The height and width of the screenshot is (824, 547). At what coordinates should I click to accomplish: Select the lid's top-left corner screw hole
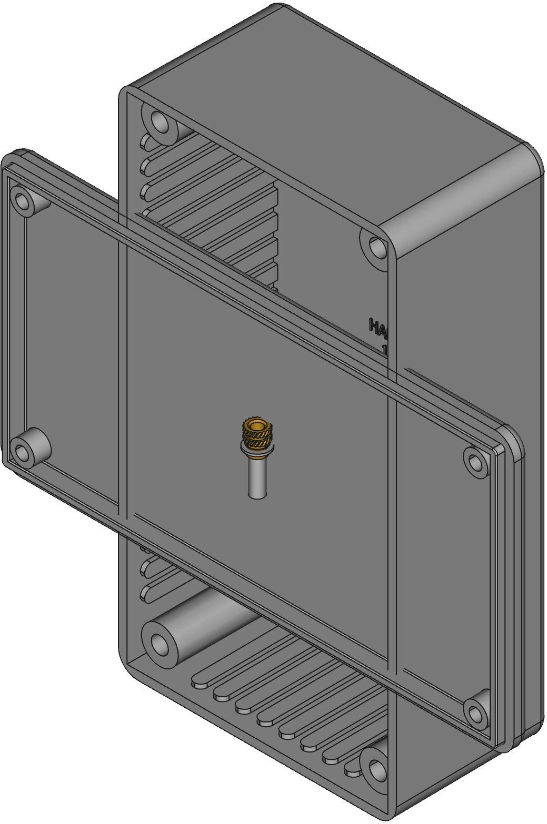pyautogui.click(x=22, y=200)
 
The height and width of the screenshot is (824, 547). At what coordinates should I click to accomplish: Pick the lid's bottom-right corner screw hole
pyautogui.click(x=475, y=714)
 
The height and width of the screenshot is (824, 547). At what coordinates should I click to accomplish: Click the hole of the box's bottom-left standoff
pyautogui.click(x=158, y=642)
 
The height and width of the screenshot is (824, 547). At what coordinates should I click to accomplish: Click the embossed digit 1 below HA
pyautogui.click(x=385, y=349)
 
